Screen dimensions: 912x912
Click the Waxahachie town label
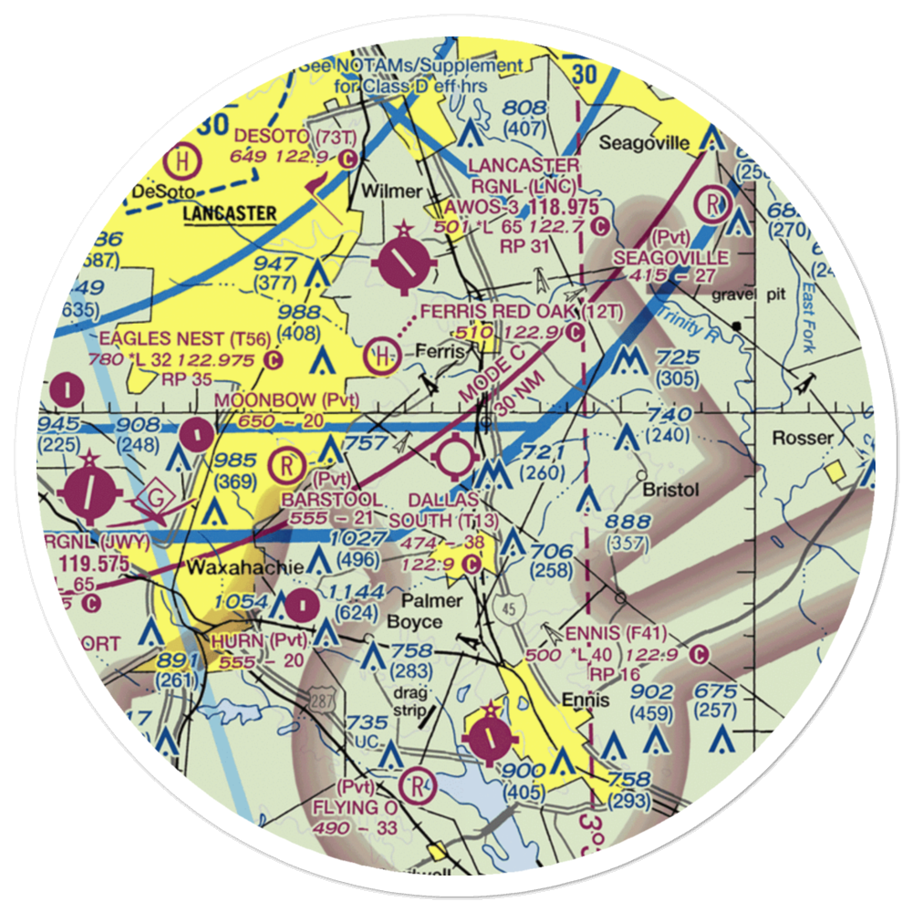[x=245, y=567]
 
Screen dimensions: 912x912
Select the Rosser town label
[x=803, y=438]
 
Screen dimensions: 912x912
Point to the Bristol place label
[x=670, y=490]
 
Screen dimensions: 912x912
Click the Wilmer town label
[x=391, y=192]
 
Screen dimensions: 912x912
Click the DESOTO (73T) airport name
[x=286, y=137]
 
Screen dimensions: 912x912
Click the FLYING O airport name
[x=355, y=808]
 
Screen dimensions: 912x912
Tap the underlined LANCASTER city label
[x=230, y=214]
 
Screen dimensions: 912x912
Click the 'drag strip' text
[x=409, y=702]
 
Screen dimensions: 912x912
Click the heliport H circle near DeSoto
[x=183, y=161]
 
